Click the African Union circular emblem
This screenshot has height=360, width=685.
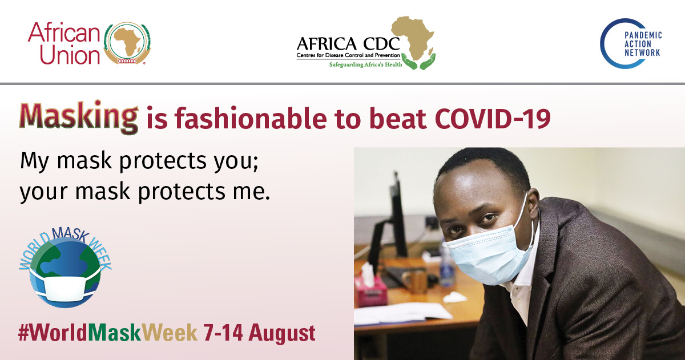coord(127,43)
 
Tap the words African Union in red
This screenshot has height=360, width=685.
coord(64,43)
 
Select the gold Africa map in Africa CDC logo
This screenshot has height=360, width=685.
coord(413,38)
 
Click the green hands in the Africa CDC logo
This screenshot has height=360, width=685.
coord(418,62)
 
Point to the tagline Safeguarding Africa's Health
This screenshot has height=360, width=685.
coord(365,64)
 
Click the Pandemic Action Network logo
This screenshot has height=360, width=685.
coord(631,43)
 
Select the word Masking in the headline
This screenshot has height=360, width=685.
coord(79,117)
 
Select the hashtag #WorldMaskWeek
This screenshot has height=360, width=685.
coord(108,333)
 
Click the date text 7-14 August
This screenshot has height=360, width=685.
coord(259,333)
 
